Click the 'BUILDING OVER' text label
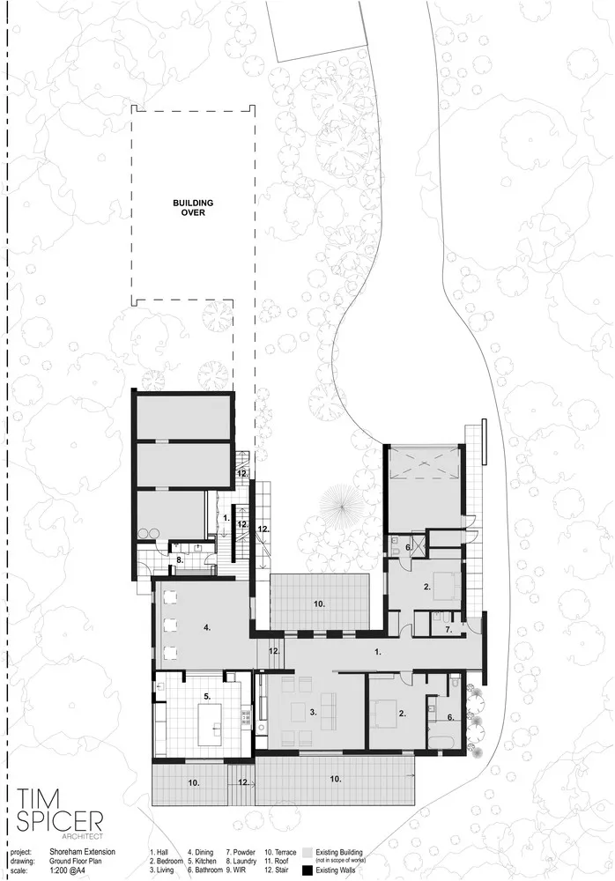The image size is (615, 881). tap(192, 207)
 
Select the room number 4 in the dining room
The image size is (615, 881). tap(206, 628)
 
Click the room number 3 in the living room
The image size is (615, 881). tap(313, 713)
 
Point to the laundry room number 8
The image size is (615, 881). tap(179, 559)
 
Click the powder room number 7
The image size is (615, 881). tap(448, 630)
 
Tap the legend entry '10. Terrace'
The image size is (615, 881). tap(278, 853)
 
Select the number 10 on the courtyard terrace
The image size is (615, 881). tap(319, 603)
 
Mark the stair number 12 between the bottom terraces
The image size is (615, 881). tap(243, 781)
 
